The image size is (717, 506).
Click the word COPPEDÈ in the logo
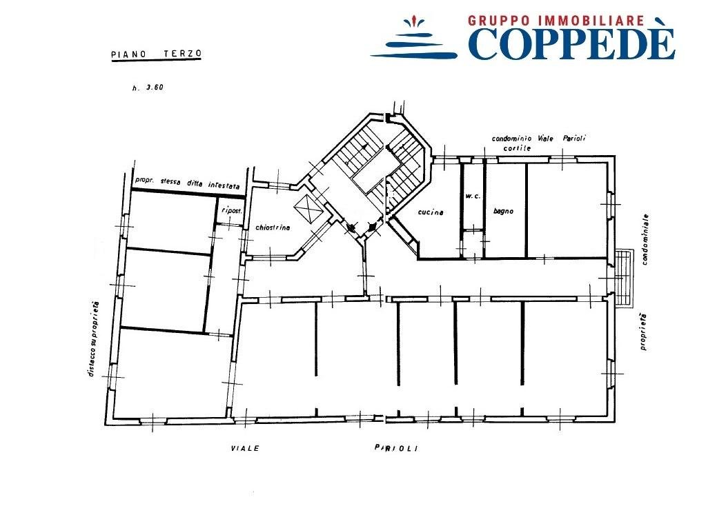(571, 43)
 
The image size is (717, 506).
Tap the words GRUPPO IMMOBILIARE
(556, 20)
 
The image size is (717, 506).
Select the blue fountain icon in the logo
(414, 38)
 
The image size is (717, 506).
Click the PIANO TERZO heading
(157, 54)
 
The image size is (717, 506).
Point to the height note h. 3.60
(148, 88)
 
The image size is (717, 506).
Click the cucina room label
(431, 212)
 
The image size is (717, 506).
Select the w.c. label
(473, 196)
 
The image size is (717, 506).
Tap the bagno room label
(503, 211)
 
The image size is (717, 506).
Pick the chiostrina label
(273, 227)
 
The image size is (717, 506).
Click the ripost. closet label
(231, 210)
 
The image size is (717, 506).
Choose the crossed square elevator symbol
(309, 210)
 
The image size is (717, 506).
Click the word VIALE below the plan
(245, 449)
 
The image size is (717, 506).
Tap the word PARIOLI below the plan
(396, 449)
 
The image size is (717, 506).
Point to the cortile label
(517, 148)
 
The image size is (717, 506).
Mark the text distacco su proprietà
(93, 339)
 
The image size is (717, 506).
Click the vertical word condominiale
(645, 239)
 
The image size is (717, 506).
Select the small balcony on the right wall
(624, 277)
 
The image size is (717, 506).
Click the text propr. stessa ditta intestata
(187, 183)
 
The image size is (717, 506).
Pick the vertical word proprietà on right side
(643, 332)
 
